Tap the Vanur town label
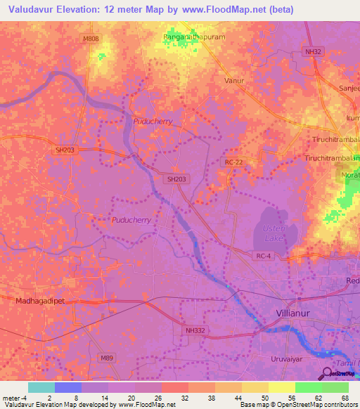point(233,81)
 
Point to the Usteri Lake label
point(272,233)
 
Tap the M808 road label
point(91,39)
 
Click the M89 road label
point(106,358)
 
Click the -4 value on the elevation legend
point(24,397)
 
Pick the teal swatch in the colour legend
point(41,387)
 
